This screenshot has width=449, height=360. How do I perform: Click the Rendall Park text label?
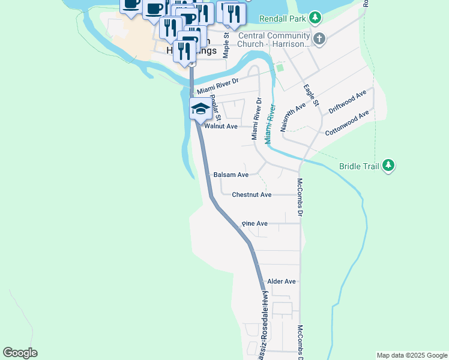[x=282, y=19]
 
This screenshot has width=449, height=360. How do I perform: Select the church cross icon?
[x=319, y=39]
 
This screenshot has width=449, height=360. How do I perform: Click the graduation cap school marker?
[x=199, y=109]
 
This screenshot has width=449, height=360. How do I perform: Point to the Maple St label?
[x=226, y=45]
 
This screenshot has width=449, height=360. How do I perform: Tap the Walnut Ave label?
[x=221, y=127]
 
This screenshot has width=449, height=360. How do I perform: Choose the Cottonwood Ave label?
[x=346, y=124]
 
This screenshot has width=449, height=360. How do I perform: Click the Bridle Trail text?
[x=359, y=166]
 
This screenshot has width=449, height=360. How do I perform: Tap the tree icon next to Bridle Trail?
[x=388, y=166]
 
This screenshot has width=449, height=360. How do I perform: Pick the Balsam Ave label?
[x=231, y=175]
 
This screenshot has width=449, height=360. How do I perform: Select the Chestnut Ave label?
[x=252, y=194]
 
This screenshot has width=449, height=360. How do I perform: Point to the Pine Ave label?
[x=255, y=223]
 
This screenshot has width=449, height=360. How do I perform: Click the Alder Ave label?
[x=282, y=281]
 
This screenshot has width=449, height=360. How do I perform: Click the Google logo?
[x=20, y=353]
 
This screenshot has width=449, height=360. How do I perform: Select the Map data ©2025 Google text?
[x=412, y=355]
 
